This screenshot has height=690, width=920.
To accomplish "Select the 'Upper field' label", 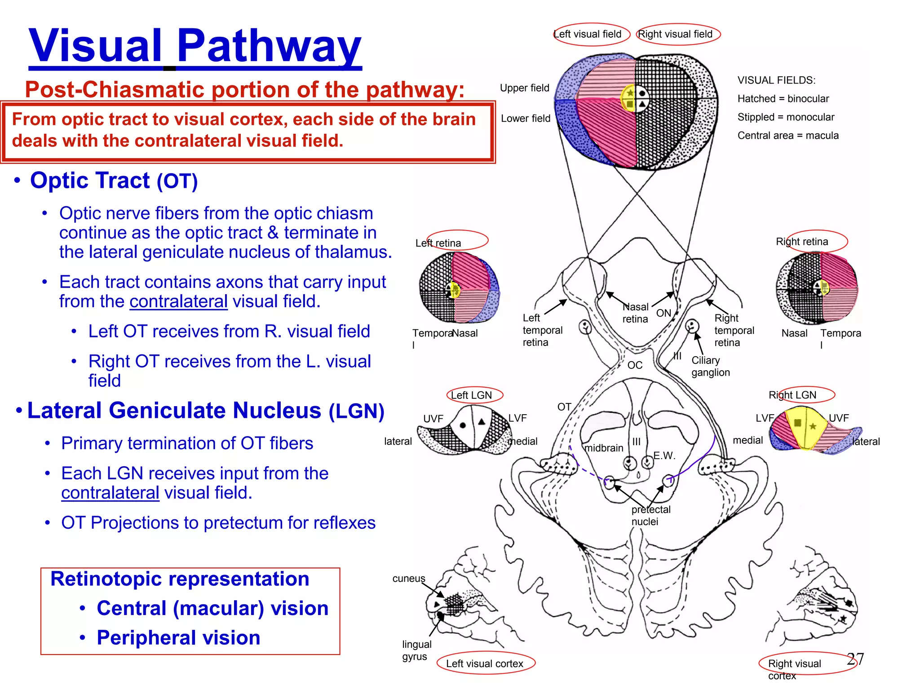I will pos(524,88).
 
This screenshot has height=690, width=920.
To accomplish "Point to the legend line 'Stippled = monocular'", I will pos(785,117).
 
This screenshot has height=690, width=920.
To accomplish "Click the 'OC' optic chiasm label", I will pos(634,365).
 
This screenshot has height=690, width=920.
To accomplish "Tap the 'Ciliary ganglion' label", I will pos(710,366).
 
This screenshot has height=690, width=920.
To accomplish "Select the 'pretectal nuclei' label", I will pos(650,515).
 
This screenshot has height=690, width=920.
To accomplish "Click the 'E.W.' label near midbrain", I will pos(664,456).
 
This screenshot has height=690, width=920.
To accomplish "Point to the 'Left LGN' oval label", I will pos(473,395).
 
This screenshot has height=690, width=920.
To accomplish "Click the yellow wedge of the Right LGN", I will pos(804,427).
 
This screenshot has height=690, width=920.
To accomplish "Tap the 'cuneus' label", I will pos(408,579).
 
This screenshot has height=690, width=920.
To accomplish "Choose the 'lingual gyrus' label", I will pos(416,650).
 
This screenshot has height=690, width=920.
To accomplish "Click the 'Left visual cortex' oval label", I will pos(485,663).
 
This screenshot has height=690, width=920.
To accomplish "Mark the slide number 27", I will pos(855,659).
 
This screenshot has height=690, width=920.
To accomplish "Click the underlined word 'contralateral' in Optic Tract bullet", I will pos(178,301).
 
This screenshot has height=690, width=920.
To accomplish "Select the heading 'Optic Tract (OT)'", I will pos(114,181).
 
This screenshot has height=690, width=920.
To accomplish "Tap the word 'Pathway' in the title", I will pos(269,46).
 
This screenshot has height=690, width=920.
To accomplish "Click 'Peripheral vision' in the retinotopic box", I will pos(178,638).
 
